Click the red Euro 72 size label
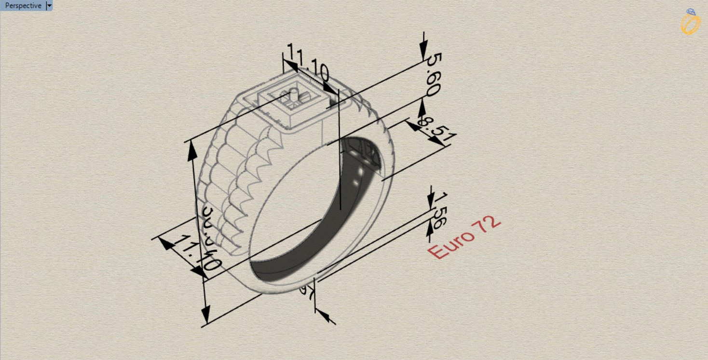pyautogui.click(x=464, y=237)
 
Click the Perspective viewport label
pyautogui.click(x=23, y=6)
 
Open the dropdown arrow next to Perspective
pyautogui.click(x=49, y=6)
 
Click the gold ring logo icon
pyautogui.click(x=691, y=22)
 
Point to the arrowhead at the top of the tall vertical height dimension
pyautogui.click(x=192, y=152)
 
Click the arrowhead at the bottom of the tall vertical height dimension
pyautogui.click(x=206, y=314)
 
